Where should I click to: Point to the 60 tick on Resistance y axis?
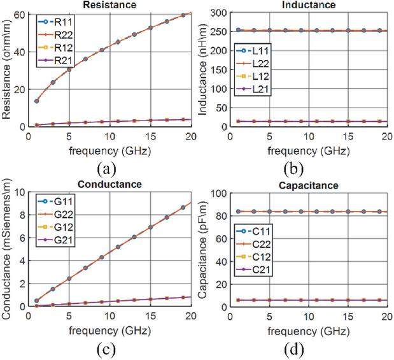[22, 14]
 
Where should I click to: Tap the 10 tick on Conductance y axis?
[22, 192]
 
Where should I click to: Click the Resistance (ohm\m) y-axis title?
[8, 70]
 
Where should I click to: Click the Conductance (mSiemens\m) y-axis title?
[8, 250]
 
